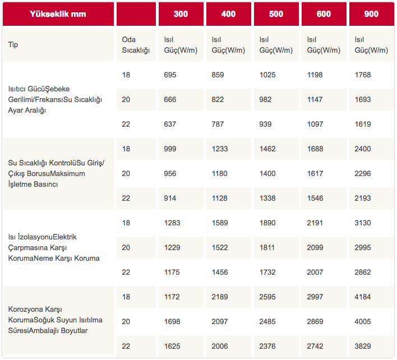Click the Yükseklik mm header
coord(58,14)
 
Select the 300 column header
coord(181,14)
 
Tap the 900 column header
coord(371,14)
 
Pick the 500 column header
coord(276,14)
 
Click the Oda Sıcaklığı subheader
coord(136,45)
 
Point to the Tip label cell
coord(13,44)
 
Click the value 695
coord(170,75)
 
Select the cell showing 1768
coord(363,75)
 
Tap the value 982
coord(267,99)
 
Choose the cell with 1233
coord(220,149)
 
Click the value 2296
coord(363,173)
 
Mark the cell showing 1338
coord(267,198)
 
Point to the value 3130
coord(363,223)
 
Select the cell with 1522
coord(220,247)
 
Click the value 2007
coord(316,272)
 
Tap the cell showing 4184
coord(363,297)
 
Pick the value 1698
coord(172,321)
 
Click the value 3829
coord(363,346)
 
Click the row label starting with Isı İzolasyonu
coord(54,247)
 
